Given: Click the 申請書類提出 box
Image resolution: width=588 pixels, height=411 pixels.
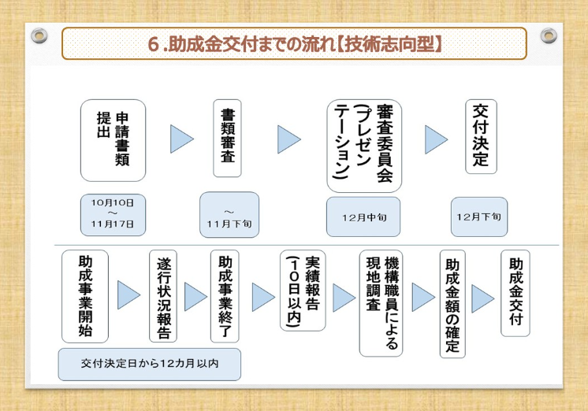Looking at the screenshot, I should coord(114,140).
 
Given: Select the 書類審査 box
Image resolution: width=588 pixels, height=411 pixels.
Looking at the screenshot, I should coord(227,139).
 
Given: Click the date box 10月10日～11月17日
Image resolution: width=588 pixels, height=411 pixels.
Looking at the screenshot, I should coord(113,213).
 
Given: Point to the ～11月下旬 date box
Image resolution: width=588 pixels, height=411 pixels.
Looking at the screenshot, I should coord(229,214).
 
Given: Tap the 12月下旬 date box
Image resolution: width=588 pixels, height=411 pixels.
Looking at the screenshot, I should coord(479,216).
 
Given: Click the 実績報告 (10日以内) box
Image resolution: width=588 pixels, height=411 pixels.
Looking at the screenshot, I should coord(303,291).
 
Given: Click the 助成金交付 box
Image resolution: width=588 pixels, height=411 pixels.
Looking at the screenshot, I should coord(515,293).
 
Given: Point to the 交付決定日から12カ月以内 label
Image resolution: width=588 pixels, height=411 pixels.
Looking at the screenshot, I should coord(149,365).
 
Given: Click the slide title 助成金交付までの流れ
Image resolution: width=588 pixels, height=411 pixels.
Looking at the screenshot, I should coord(294,43).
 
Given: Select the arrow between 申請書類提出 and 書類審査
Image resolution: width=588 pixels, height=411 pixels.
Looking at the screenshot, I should coord(182,139).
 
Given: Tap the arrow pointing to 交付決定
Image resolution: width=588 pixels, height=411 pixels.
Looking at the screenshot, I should coord(436,139).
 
